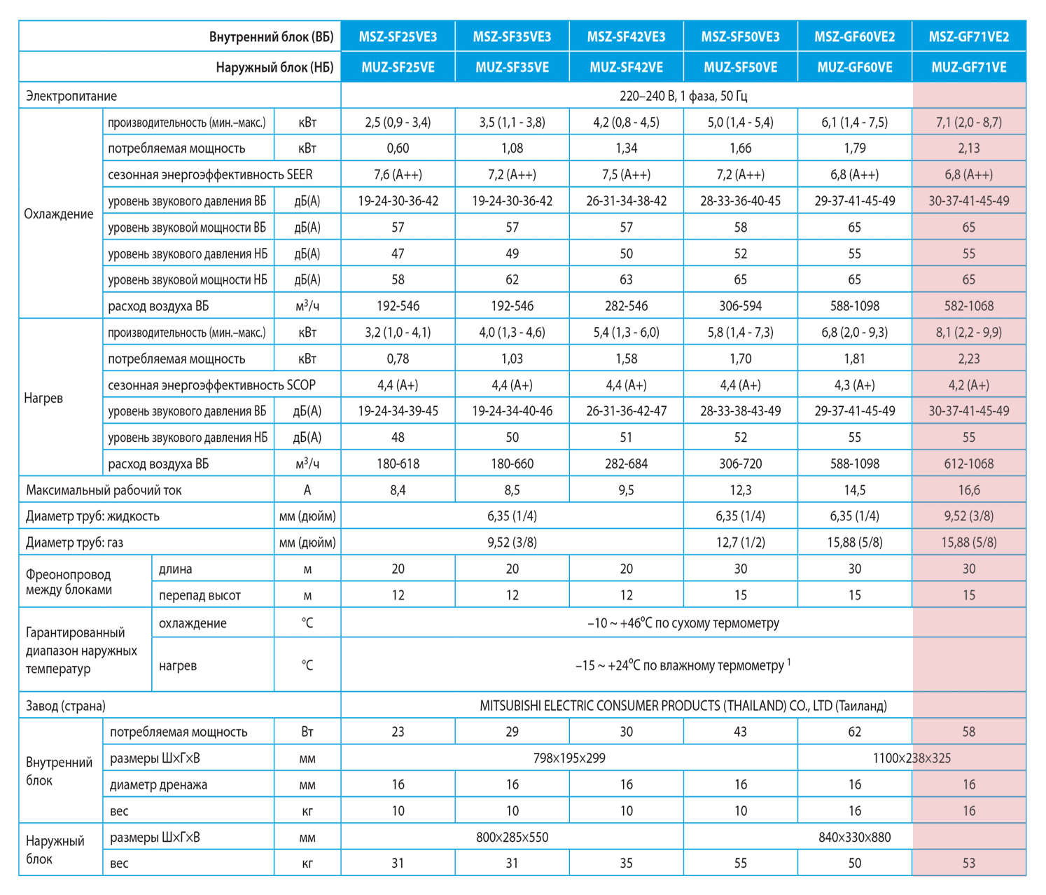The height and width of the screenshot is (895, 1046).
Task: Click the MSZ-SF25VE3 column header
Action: point(398,37)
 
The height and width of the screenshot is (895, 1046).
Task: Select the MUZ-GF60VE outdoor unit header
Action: point(855,67)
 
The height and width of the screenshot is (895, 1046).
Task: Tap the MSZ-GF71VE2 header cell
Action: point(968,37)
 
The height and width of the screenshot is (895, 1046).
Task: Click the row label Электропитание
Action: point(71,96)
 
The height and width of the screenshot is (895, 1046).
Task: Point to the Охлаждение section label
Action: point(59,214)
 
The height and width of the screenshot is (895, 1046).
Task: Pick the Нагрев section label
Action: point(43,398)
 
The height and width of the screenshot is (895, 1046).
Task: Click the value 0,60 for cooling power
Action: point(398,148)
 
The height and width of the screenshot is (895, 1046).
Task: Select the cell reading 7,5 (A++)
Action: point(626,174)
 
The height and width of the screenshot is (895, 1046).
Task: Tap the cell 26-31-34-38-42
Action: point(626,201)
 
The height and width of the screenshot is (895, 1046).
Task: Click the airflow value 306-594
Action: point(740,306)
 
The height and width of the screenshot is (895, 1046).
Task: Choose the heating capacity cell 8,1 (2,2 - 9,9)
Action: point(968,333)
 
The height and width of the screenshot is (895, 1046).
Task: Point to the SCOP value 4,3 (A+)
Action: point(855,385)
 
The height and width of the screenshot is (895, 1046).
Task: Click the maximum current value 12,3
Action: point(740,490)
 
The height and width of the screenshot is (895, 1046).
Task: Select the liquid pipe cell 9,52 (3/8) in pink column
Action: point(968,516)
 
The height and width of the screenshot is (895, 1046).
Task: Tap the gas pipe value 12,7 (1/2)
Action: point(740,542)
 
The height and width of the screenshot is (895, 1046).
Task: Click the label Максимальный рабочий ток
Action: point(104,490)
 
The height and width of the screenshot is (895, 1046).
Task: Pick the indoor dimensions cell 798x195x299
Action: point(569,758)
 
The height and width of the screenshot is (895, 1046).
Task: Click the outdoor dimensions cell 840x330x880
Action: point(855,837)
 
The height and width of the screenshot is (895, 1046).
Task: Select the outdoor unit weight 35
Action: point(626,863)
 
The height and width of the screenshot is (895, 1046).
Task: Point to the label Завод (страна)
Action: point(66,706)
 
